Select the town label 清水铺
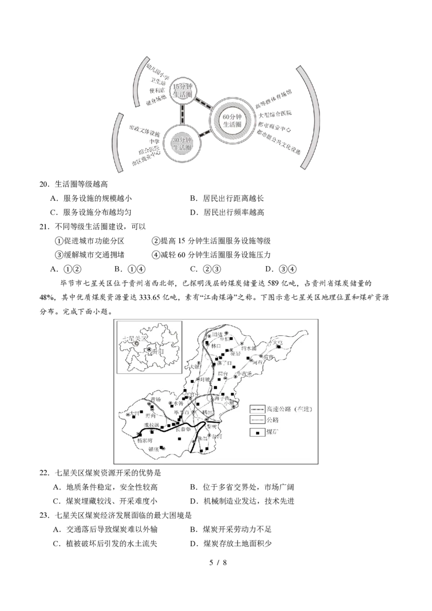point(250,349)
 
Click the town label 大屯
point(278,342)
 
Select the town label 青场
point(156,399)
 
